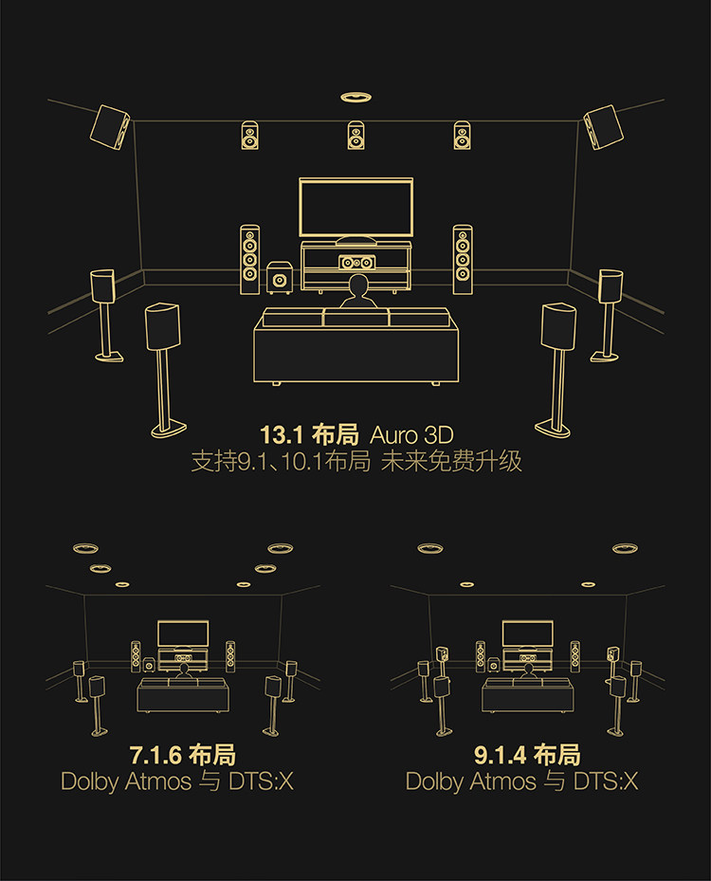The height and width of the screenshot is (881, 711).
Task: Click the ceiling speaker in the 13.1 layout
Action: tap(355, 97)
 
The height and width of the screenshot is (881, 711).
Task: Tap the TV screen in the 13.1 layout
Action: tap(355, 208)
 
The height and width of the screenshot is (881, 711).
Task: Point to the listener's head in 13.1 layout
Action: tap(357, 286)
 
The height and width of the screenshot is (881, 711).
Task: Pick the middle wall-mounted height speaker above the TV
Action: tap(355, 136)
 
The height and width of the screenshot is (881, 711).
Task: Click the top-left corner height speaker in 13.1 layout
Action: tap(109, 126)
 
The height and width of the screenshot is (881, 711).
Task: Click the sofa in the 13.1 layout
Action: tap(355, 346)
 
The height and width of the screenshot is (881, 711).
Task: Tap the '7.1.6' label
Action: tap(156, 756)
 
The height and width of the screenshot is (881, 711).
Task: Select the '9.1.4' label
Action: tap(501, 756)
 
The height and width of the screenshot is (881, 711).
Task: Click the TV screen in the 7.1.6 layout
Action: tap(183, 633)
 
